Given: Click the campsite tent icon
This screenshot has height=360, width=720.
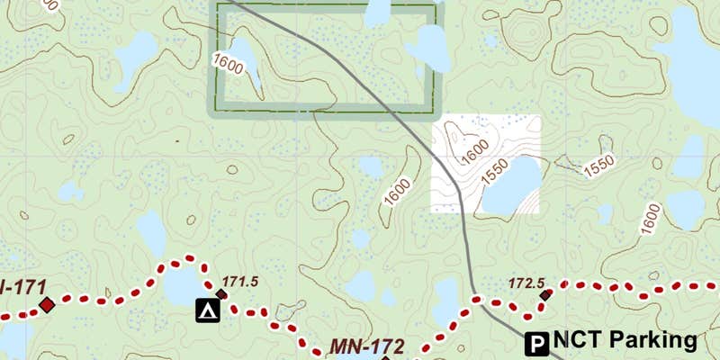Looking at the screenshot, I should [x=208, y=311].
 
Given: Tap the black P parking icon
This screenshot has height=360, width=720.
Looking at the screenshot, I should [x=537, y=342].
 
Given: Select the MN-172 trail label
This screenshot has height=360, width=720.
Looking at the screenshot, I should [x=366, y=346].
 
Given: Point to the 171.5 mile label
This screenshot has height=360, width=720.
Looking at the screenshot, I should [x=240, y=282].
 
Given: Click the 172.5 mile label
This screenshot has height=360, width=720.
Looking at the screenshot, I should [x=528, y=283].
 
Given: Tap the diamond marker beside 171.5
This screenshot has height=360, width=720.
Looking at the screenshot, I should [x=220, y=294].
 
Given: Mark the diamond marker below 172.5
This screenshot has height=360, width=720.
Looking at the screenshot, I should [x=544, y=294].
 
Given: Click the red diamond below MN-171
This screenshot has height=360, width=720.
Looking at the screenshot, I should [x=46, y=306].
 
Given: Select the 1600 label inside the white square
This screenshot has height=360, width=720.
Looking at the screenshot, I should [x=475, y=153].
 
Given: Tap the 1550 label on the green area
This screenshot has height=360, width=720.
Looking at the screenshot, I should [x=598, y=166].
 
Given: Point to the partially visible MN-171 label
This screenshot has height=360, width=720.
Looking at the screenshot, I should [x=11, y=287].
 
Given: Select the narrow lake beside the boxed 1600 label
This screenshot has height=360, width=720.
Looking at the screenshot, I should [x=247, y=65].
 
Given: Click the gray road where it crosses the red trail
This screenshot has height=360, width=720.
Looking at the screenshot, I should [x=478, y=301].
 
